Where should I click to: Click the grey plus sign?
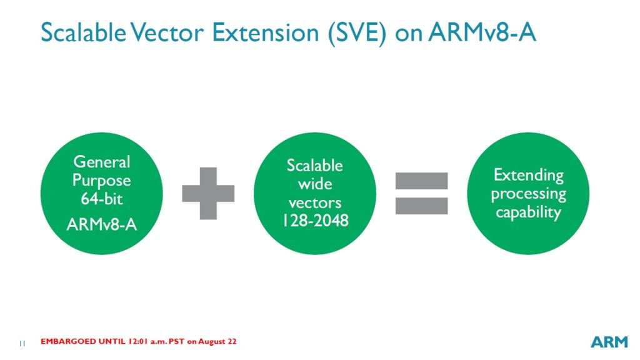click(208, 193)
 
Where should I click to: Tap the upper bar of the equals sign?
click(421, 181)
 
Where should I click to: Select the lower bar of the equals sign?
click(421, 206)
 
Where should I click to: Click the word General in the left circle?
click(102, 162)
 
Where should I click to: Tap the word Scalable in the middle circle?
click(315, 166)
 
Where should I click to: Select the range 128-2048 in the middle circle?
click(315, 221)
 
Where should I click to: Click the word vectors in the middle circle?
click(315, 202)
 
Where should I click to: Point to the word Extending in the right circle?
click(528, 175)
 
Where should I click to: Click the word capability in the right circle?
click(528, 212)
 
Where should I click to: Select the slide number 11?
click(22, 343)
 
